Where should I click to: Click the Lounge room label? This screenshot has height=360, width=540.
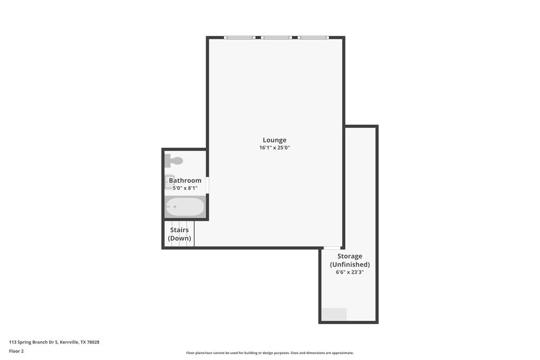click(274, 140)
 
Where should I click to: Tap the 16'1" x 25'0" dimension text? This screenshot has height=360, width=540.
click(274, 148)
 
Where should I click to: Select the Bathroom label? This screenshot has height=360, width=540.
click(185, 180)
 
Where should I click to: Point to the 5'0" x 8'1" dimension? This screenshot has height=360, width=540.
click(185, 188)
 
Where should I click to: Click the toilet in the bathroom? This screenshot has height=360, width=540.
click(174, 161)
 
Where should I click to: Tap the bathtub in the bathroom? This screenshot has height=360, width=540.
click(185, 207)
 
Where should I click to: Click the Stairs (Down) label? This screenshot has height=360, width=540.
click(179, 234)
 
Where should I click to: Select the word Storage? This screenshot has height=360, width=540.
click(350, 256)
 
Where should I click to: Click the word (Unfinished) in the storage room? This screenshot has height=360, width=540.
click(350, 264)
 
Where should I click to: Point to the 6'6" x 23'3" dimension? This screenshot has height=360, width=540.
click(350, 272)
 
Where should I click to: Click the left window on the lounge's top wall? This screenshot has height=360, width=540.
click(240, 37)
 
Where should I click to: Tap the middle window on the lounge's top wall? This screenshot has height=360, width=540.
click(276, 37)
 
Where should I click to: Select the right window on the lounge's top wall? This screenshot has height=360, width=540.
click(313, 37)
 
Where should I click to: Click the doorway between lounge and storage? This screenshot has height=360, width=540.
click(332, 248)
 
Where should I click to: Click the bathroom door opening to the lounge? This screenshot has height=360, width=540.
click(207, 185)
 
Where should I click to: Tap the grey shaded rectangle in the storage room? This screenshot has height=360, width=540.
click(334, 314)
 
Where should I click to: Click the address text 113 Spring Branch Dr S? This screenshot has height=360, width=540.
click(34, 342)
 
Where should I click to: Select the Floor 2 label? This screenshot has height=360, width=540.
click(16, 351)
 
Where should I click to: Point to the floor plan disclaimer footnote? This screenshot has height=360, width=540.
click(269, 353)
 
